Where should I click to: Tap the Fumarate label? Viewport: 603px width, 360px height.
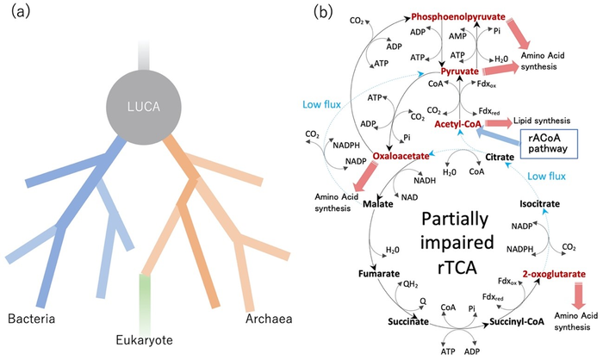click(x=376, y=274)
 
